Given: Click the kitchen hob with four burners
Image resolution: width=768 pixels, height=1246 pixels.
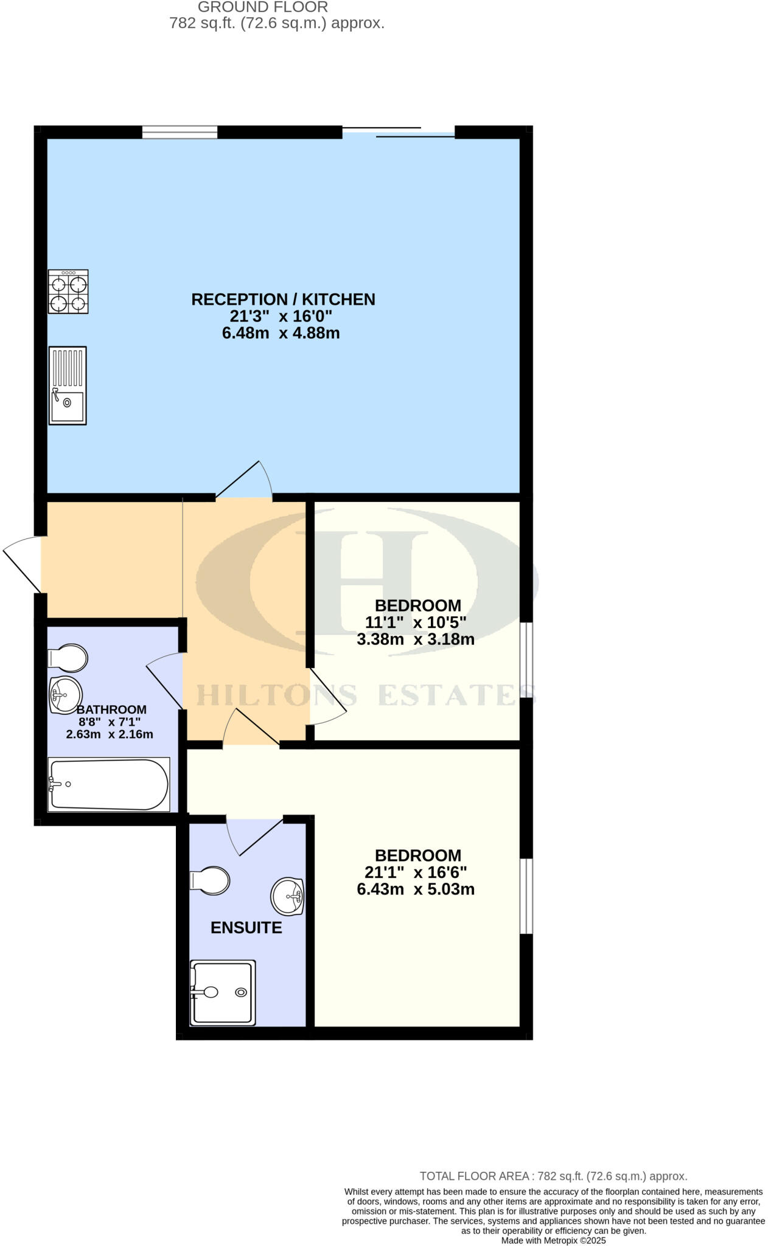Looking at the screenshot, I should tap(68, 291).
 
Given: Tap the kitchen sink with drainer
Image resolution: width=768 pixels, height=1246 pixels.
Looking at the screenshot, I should tap(68, 385).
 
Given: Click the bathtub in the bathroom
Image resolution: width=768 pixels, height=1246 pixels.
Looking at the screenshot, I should tap(109, 784).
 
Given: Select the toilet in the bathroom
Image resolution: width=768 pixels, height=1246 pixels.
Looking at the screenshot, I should tap(68, 658).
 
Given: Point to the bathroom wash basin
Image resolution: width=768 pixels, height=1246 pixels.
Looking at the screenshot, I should tap(66, 694).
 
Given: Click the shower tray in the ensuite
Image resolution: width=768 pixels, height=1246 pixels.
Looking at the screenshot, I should tap(222, 992).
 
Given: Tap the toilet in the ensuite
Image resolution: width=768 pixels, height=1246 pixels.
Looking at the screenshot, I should tap(210, 880).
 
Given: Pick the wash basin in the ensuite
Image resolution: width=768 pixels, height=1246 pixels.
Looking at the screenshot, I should tap(287, 896).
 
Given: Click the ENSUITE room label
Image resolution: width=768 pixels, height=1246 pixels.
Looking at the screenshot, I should tap(246, 928).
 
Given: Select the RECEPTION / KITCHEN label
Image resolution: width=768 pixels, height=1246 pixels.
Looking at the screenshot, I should tap(283, 299).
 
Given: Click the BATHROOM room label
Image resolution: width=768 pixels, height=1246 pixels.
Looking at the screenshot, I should tap(111, 709).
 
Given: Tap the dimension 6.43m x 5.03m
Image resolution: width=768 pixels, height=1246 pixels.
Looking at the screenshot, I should tap(416, 889).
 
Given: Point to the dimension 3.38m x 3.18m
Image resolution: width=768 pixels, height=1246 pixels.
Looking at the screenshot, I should tap(416, 639).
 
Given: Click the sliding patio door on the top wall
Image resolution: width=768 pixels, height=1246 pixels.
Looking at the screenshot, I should tap(399, 132).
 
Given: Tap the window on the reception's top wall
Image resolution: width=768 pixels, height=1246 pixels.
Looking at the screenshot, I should tap(180, 132).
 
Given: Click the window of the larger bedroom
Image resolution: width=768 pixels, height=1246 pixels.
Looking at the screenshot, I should tap(526, 896).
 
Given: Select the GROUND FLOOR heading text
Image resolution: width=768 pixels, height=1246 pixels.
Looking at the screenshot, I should tap(263, 7).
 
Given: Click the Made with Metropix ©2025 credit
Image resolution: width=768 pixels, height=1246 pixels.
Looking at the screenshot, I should tap(553, 1240).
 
